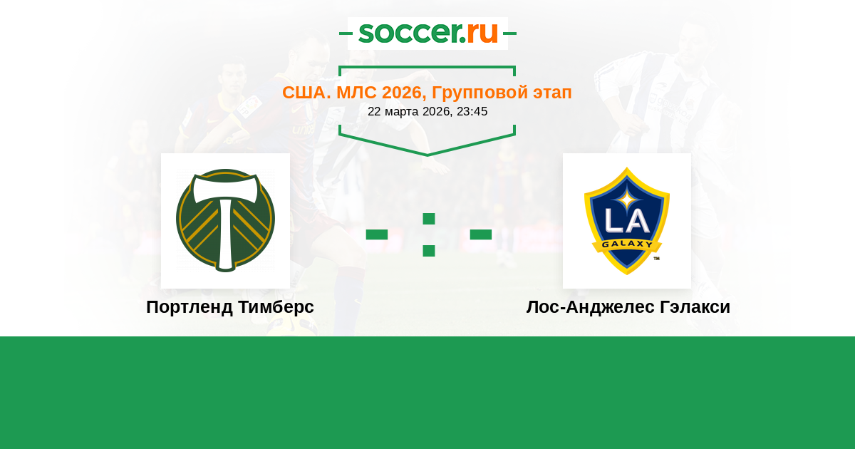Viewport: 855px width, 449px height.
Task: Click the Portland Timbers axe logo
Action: pos(225,220)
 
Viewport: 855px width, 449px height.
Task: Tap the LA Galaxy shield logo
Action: pos(627,221)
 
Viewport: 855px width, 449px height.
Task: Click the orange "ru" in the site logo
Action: pos(482,33)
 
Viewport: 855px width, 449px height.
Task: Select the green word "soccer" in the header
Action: pos(410,33)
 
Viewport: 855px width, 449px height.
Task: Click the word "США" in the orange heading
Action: pos(304,93)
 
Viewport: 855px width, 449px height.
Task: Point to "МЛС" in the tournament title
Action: pos(356,93)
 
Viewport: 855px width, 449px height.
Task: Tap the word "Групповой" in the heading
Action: pos(480,93)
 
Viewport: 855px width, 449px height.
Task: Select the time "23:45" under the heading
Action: pos(472,111)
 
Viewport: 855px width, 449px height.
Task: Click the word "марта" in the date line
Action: pos(402,112)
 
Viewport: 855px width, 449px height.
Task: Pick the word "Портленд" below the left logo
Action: pos(190,307)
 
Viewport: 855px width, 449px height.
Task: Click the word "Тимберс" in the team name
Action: pos(276,307)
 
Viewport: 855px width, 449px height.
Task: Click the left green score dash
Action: pos(377,234)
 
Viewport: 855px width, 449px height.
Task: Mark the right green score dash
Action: pos(480,234)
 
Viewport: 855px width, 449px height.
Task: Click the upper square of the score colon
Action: pos(429,219)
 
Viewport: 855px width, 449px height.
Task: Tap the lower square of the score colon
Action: pos(429,251)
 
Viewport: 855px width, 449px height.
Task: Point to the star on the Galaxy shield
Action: pos(627,200)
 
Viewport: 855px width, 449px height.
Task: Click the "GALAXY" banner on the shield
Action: pos(627,244)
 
